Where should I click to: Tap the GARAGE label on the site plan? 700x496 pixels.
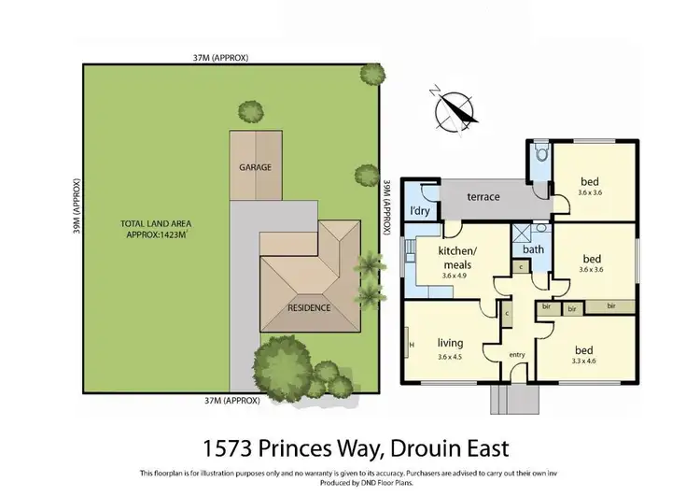pos(255,168)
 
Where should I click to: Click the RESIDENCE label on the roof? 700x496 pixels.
pos(309,306)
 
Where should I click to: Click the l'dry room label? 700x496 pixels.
pos(420,210)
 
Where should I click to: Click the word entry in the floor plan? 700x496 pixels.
pos(517,354)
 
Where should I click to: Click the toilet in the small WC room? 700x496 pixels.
pos(540,155)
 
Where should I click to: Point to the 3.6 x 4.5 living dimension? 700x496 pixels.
pos(450,357)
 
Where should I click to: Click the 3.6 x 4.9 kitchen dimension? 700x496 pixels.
pos(457,275)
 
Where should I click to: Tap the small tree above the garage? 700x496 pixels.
pos(250,112)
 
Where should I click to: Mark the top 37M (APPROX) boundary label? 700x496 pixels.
pos(220,57)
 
